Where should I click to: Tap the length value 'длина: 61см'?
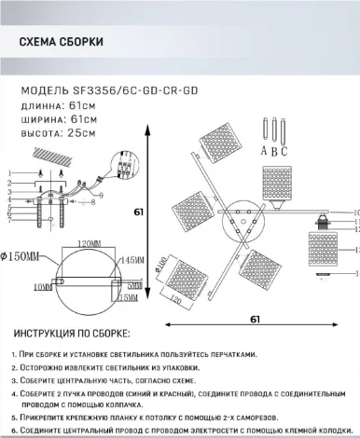56,105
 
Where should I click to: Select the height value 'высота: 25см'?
58,134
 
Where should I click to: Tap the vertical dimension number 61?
139,212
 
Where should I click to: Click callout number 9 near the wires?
101,194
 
